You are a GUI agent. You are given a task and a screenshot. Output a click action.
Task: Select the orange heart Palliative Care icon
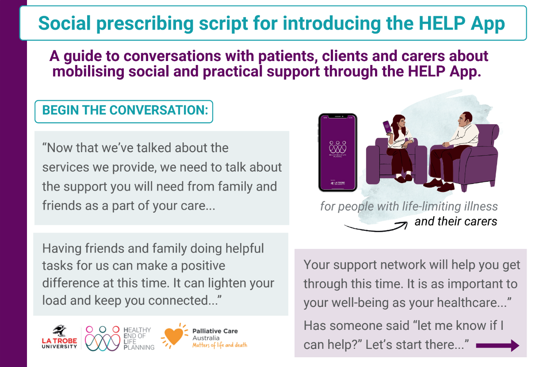click(x=175, y=337)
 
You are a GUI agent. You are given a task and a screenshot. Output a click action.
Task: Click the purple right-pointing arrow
click(x=498, y=345)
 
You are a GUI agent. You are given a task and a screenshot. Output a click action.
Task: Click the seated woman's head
click(x=399, y=122)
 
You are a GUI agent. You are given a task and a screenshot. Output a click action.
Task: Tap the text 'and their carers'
click(x=456, y=221)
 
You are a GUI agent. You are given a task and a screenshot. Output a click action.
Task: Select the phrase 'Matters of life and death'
click(x=219, y=345)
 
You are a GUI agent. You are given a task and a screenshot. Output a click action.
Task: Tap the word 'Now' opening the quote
click(x=60, y=148)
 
